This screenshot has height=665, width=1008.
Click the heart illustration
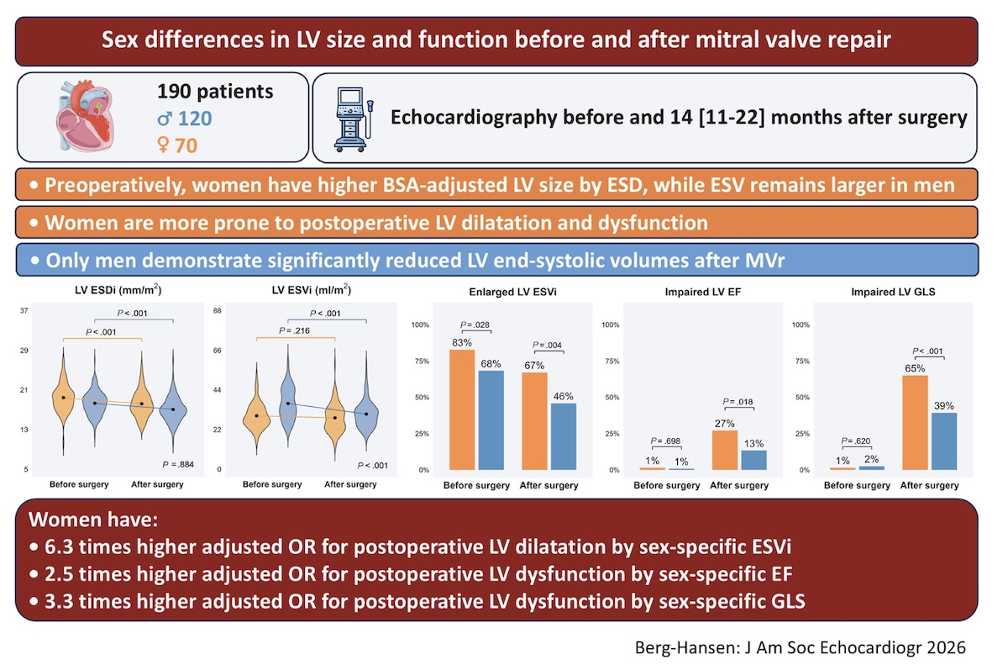point(86,115)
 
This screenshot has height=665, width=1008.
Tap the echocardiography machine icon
point(354,119)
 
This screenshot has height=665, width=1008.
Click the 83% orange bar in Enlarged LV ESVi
point(462,409)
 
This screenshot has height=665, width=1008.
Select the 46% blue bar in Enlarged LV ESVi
point(564,436)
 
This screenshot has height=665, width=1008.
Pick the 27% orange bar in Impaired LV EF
point(724,451)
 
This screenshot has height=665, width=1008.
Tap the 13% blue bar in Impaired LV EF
point(753,460)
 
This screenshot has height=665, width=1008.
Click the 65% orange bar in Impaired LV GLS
point(915,423)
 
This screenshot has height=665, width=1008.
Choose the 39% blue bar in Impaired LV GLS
point(944,441)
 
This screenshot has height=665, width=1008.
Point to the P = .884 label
point(178,465)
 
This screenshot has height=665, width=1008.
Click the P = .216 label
point(294,331)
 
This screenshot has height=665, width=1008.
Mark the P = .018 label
point(738,402)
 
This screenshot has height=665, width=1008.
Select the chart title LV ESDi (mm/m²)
point(118,290)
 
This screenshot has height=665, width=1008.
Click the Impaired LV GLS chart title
point(893,292)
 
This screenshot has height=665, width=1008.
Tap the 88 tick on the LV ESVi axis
point(218,311)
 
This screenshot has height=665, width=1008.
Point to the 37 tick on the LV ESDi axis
point(24,311)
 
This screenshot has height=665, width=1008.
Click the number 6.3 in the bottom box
point(59,547)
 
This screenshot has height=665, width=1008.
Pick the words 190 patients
point(215,92)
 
